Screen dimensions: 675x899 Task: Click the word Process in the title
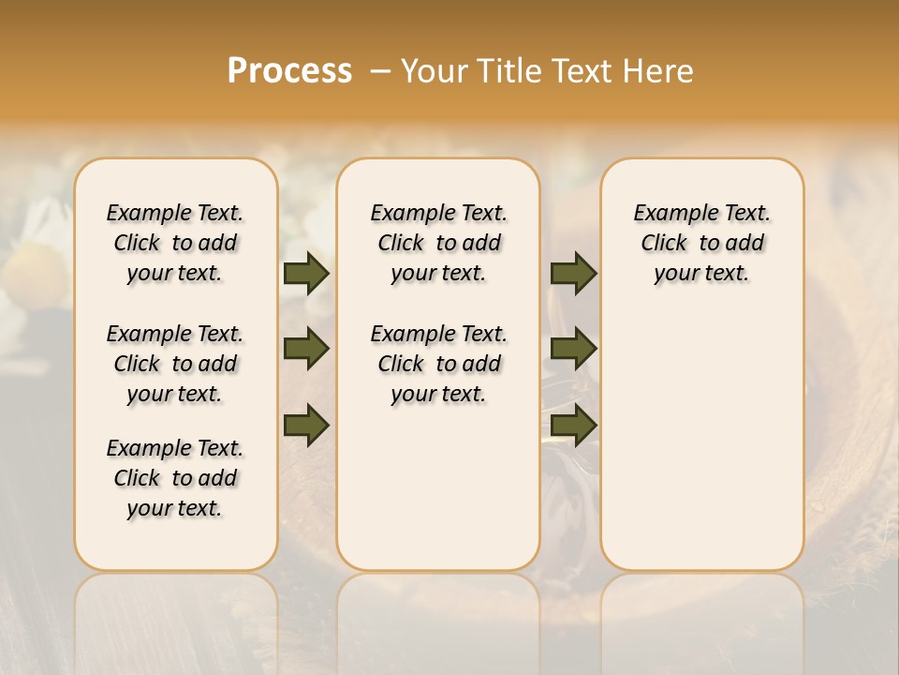coord(289,71)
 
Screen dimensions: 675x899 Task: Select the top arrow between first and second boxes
coord(306,273)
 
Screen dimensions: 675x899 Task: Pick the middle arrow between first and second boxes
coord(306,349)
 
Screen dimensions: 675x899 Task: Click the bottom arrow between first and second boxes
coord(306,424)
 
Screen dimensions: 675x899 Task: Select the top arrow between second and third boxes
coord(573,273)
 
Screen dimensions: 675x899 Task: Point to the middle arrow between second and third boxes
coord(573,349)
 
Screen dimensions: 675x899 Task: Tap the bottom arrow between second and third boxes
coord(573,424)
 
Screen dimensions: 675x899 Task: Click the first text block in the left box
coord(175,243)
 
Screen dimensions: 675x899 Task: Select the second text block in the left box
coord(175,364)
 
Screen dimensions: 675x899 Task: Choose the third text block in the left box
coord(175,478)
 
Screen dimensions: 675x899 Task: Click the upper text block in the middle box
coord(438,243)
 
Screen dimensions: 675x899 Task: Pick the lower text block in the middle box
coord(438,364)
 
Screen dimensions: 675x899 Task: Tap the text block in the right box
coord(701,243)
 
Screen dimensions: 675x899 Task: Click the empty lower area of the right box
coord(701,450)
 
